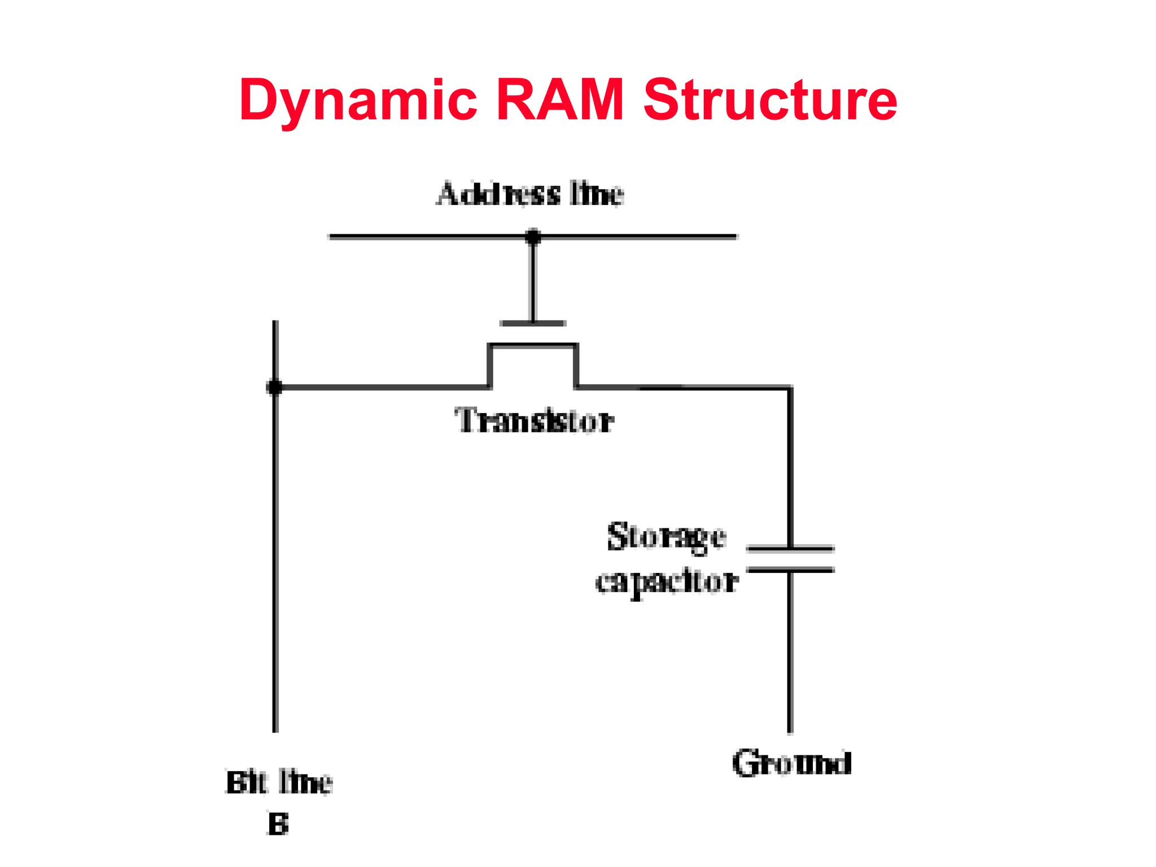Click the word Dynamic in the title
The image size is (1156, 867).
[357, 100]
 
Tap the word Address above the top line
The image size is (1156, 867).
[498, 194]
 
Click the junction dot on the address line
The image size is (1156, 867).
[533, 237]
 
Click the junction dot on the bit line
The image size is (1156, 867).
[275, 387]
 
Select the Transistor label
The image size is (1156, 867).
[534, 421]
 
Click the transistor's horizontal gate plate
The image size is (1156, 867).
[533, 323]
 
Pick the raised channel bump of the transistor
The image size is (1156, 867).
[533, 345]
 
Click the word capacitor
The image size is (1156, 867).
[666, 582]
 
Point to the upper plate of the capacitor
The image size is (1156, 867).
[790, 548]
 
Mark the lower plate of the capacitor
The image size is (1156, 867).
[790, 570]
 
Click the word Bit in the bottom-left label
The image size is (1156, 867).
[246, 783]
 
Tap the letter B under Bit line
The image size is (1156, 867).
[278, 824]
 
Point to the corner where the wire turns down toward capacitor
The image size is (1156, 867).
[790, 388]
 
